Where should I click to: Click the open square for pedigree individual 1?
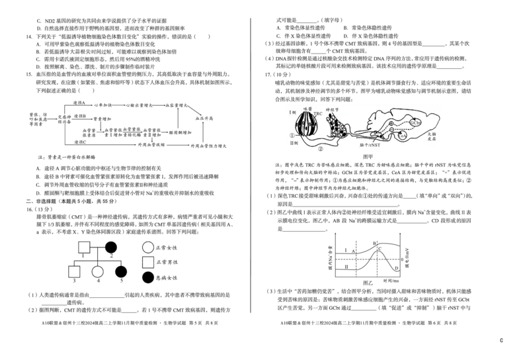[x=84, y=247]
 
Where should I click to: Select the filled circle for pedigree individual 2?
[x=111, y=247]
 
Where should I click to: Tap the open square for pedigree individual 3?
[x=75, y=271]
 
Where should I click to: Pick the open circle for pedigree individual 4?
[x=98, y=271]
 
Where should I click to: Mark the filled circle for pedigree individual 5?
[x=120, y=271]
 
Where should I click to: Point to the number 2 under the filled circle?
[x=112, y=255]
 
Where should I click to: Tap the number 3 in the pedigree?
[x=75, y=280]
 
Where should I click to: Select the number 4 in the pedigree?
[x=98, y=280]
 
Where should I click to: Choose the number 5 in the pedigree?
[x=121, y=280]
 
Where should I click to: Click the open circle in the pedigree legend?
[x=148, y=247]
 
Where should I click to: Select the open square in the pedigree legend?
[x=148, y=262]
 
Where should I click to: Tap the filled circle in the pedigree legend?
[x=148, y=277]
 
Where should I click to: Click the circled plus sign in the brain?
[x=391, y=124]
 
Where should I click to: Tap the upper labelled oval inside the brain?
[x=415, y=122]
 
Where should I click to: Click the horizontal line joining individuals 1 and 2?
[x=97, y=247]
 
